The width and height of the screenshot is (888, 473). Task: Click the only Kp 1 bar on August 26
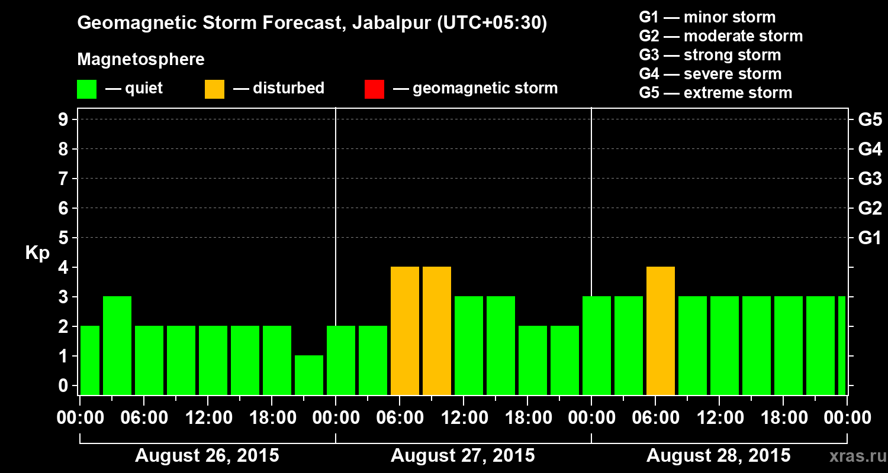(309, 375)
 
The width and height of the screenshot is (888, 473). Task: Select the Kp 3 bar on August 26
(117, 345)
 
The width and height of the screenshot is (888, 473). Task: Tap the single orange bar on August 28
(661, 331)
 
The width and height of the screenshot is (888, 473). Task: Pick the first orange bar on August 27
(405, 331)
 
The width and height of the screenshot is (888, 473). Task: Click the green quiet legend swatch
(86, 89)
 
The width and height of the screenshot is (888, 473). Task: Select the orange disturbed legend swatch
(214, 89)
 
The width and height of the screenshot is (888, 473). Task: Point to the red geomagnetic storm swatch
(374, 89)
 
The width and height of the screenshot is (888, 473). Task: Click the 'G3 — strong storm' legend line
(710, 55)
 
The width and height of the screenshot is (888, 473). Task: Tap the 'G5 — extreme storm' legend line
(715, 93)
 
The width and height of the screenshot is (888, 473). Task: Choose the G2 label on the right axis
(870, 208)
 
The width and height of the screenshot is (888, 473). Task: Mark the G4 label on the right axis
(870, 149)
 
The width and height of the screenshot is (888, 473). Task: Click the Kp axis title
(37, 252)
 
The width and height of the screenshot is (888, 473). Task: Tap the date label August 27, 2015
(462, 455)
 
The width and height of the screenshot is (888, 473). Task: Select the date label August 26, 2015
(207, 455)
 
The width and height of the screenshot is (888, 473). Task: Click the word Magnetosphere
(141, 60)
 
